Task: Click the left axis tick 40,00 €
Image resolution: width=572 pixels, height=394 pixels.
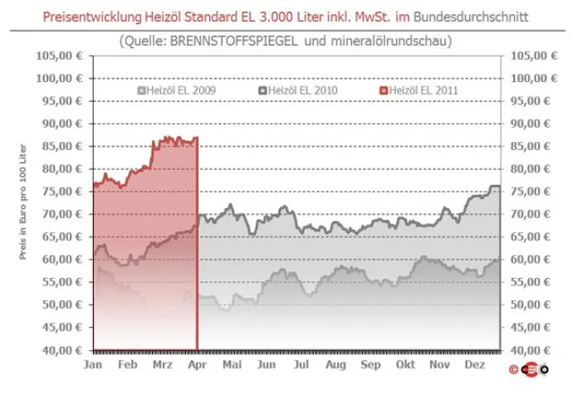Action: pyautogui.click(x=61, y=350)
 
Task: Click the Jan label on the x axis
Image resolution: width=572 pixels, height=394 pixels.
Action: pyautogui.click(x=94, y=364)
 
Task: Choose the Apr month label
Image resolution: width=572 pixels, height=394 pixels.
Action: pyautogui.click(x=197, y=364)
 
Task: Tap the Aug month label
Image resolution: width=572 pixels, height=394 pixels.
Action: pyautogui.click(x=335, y=364)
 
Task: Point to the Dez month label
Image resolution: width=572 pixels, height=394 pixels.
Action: pyautogui.click(x=474, y=364)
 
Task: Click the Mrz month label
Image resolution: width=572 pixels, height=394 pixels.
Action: pyautogui.click(x=163, y=364)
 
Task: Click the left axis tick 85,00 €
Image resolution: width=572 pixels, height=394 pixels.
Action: pyautogui.click(x=61, y=146)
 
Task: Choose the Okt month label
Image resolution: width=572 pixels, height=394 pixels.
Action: pyautogui.click(x=405, y=364)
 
